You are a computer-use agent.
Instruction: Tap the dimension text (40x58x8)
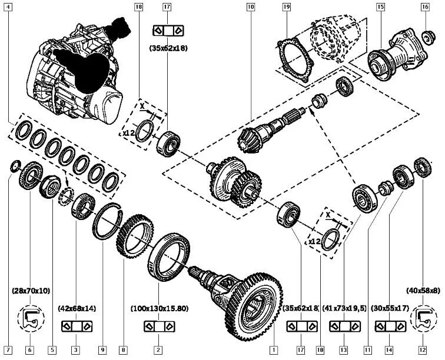(422, 290)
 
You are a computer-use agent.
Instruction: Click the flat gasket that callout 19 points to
(294, 59)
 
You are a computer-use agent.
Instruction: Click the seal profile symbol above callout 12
(423, 318)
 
